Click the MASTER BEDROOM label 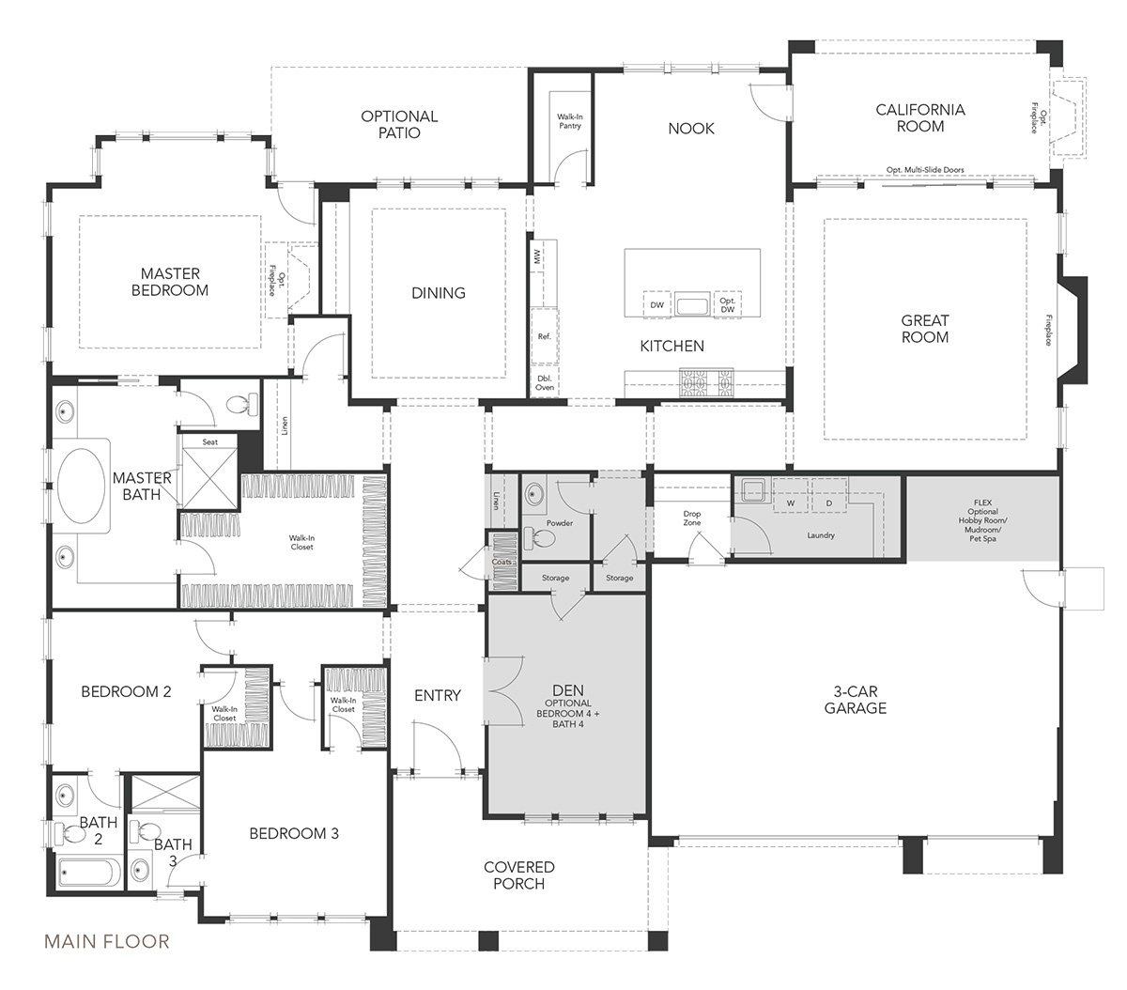point(170,282)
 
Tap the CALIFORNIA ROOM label point(919,117)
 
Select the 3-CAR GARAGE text point(855,700)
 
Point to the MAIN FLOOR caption point(106,940)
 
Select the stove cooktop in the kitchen point(708,380)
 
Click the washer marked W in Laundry point(790,503)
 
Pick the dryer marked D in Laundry point(828,503)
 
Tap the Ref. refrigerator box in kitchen point(544,336)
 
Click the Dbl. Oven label point(545,381)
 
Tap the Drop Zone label point(691,518)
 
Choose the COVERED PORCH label point(518,875)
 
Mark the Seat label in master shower point(210,441)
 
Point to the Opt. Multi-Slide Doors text point(924,171)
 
